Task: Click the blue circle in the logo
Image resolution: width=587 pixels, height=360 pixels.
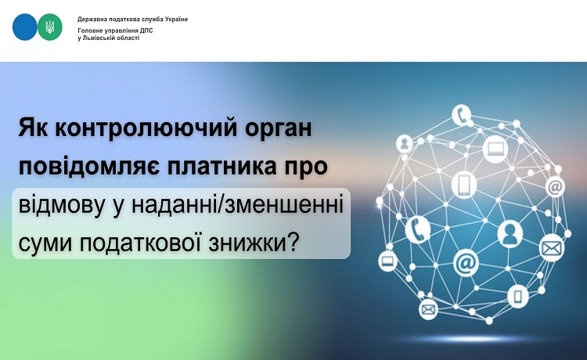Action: point(25,27)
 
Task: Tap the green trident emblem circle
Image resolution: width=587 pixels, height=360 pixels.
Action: point(50,27)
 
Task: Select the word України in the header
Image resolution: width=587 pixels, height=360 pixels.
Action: point(176,19)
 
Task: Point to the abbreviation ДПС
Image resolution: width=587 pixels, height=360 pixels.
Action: point(147,31)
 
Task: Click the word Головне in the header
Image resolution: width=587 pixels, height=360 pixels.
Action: point(87,31)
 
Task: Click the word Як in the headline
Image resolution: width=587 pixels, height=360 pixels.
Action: point(33,128)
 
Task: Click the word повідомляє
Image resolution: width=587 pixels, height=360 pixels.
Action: point(89,167)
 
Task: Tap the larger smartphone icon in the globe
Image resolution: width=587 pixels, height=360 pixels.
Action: point(464,185)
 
